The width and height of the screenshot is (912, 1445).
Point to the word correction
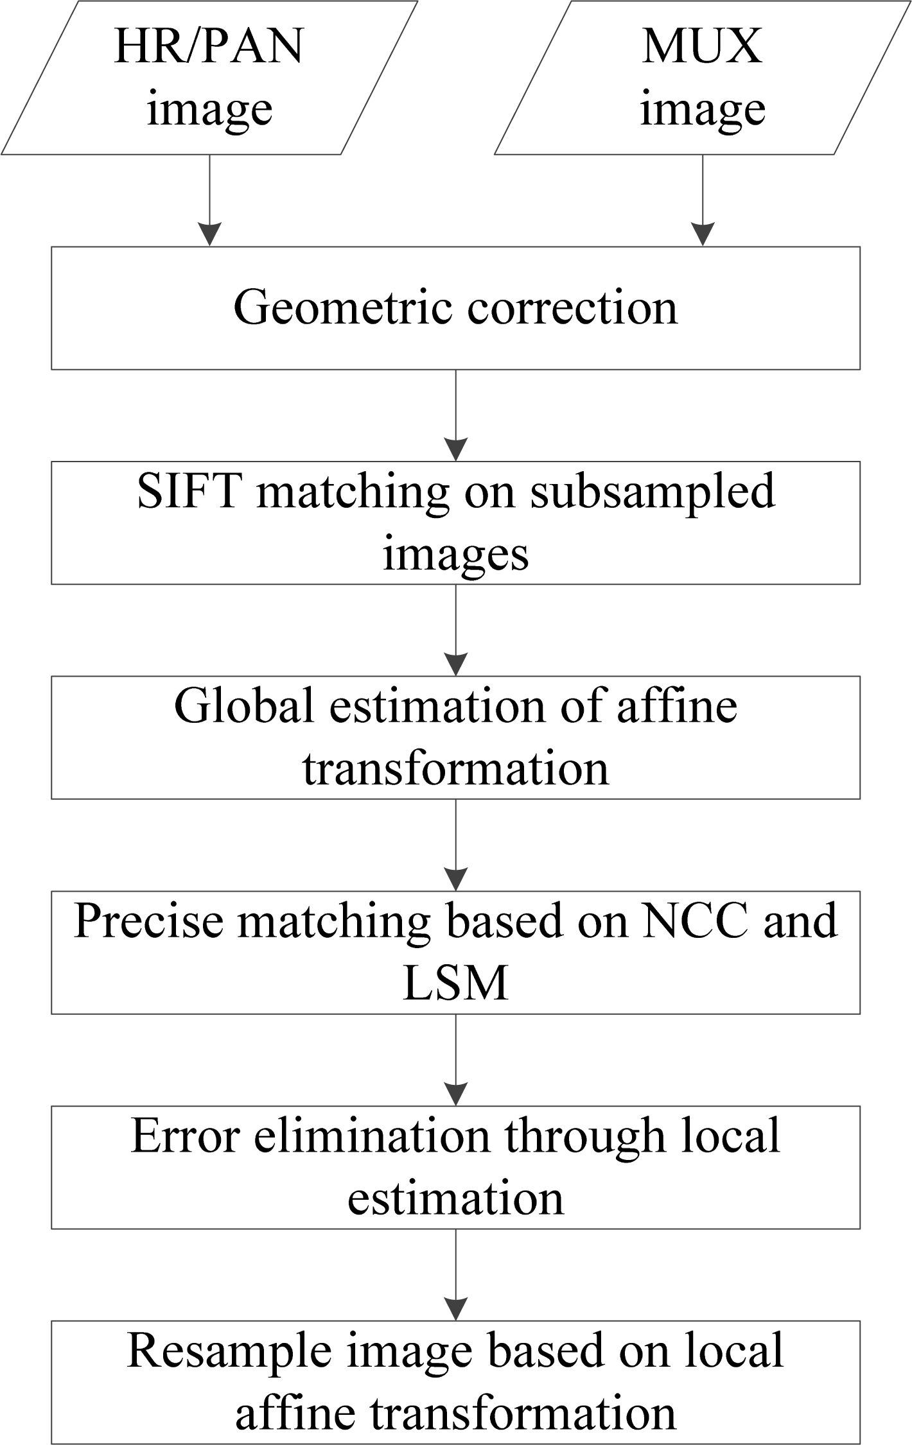point(572,307)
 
